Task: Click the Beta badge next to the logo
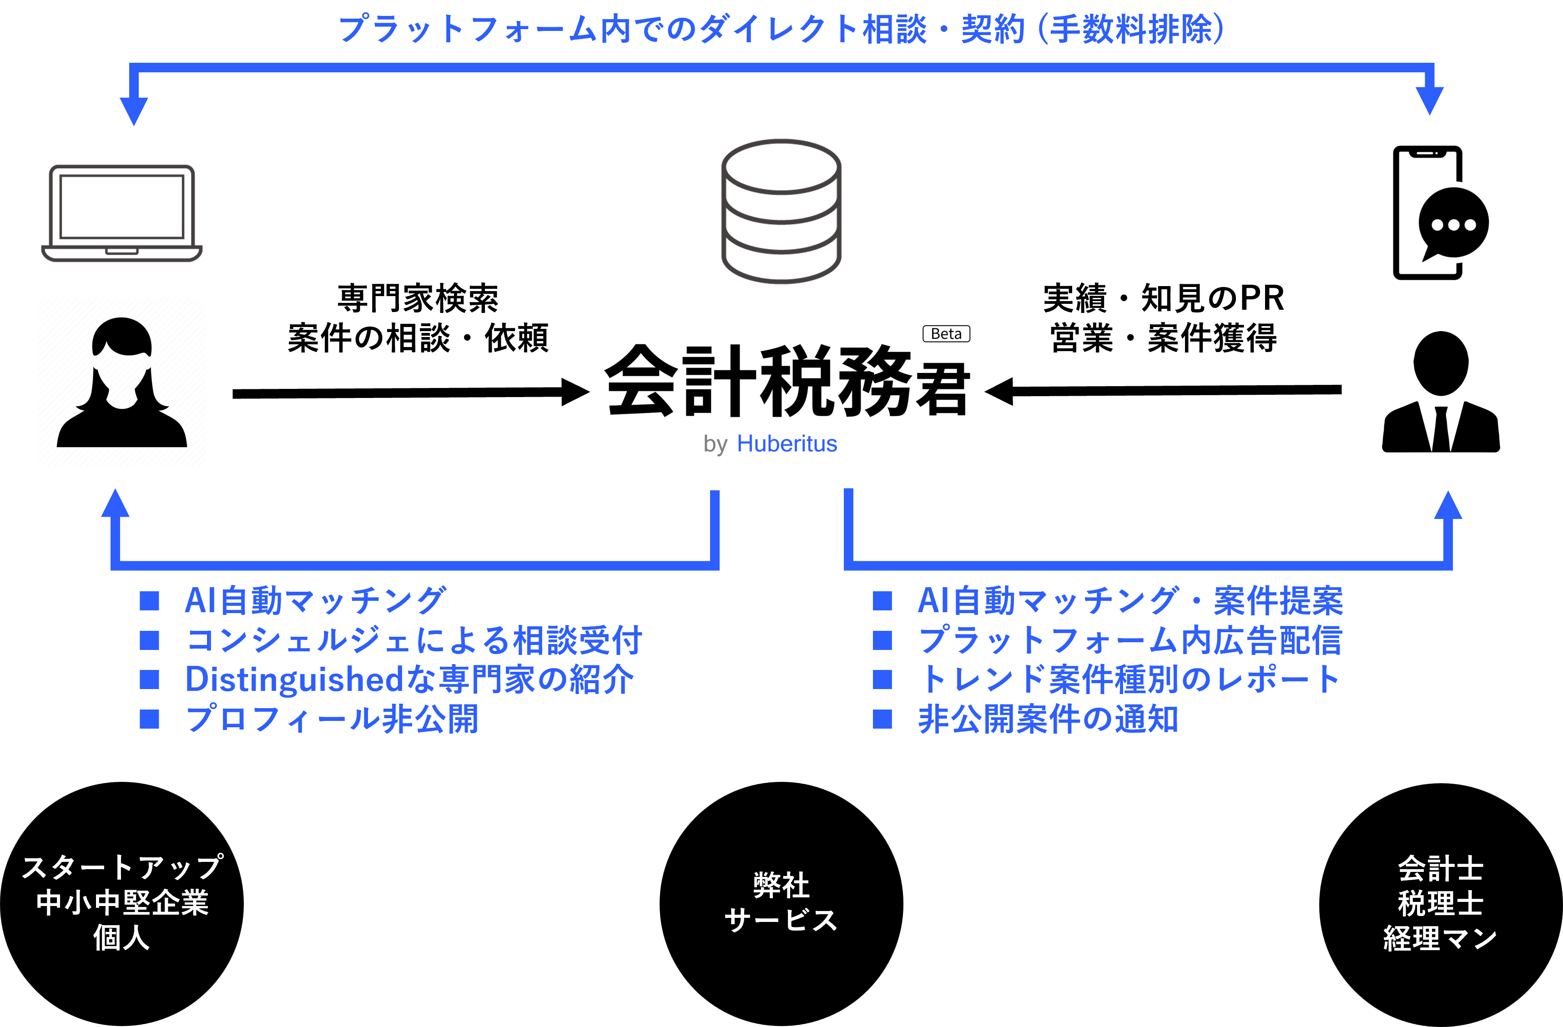click(946, 333)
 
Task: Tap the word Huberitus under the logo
click(787, 444)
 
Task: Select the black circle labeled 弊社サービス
click(781, 904)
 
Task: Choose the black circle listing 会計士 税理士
click(1440, 904)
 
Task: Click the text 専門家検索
click(418, 299)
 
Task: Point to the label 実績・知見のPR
click(1163, 299)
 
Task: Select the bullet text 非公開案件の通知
click(1048, 719)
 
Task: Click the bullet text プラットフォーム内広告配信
click(1129, 640)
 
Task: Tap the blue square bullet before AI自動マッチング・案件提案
click(882, 601)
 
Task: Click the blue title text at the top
click(781, 30)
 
